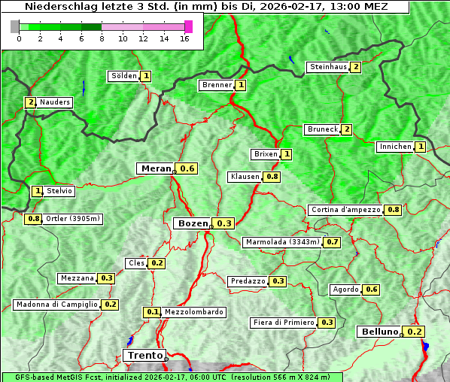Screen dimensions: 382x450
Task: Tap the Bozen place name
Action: pos(191,223)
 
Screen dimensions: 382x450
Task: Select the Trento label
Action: pos(144,355)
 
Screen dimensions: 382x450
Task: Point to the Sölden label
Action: pos(123,76)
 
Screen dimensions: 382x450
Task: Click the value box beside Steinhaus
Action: pos(355,67)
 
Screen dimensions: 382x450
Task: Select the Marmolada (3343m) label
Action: pos(282,242)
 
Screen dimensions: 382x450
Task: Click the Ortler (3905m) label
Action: pos(73,219)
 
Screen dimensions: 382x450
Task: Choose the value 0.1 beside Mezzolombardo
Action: pos(152,312)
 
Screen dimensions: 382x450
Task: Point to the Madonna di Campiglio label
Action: pos(56,305)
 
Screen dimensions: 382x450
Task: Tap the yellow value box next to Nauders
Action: pos(30,102)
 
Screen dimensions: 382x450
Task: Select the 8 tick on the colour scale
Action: pos(102,38)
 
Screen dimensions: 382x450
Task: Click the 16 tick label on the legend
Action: pos(184,38)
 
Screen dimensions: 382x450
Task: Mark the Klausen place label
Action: pos(244,177)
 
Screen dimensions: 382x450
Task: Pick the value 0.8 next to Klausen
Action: pos(272,177)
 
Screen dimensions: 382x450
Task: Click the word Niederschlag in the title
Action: pos(57,6)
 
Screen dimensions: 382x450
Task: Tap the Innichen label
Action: pos(395,147)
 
